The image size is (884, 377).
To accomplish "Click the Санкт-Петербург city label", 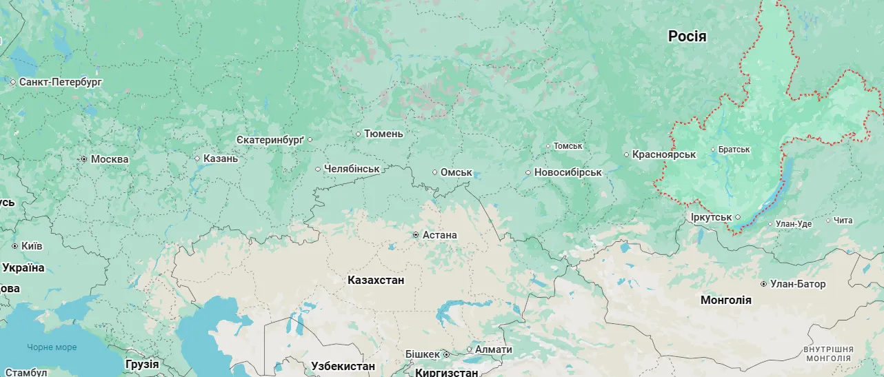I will tap(61, 82).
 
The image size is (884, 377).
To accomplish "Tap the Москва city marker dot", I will tap(84, 159).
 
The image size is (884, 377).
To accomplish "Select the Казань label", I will tap(220, 159).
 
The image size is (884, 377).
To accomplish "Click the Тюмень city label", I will tap(383, 134).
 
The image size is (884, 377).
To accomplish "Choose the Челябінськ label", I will tap(352, 169).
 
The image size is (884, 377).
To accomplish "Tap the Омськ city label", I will tap(456, 172).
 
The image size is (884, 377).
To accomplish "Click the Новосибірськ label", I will tap(567, 172).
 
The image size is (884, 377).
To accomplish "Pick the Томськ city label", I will tap(568, 146).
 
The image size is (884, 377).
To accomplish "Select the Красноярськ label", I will tap(664, 154).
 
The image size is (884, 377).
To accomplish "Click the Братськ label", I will tap(734, 150).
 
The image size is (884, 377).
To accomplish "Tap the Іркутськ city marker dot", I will tap(738, 216).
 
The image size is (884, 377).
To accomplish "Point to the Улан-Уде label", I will tap(794, 224).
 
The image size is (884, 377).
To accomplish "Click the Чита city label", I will tap(843, 221).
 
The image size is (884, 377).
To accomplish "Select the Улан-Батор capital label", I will tap(798, 284).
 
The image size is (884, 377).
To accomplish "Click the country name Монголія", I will tap(725, 300).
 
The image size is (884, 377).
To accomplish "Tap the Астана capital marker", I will tap(416, 235).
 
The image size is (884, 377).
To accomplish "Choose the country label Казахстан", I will tap(376, 281).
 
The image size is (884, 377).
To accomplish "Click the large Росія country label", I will tap(687, 37).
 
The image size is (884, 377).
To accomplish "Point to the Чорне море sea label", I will tap(52, 347).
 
